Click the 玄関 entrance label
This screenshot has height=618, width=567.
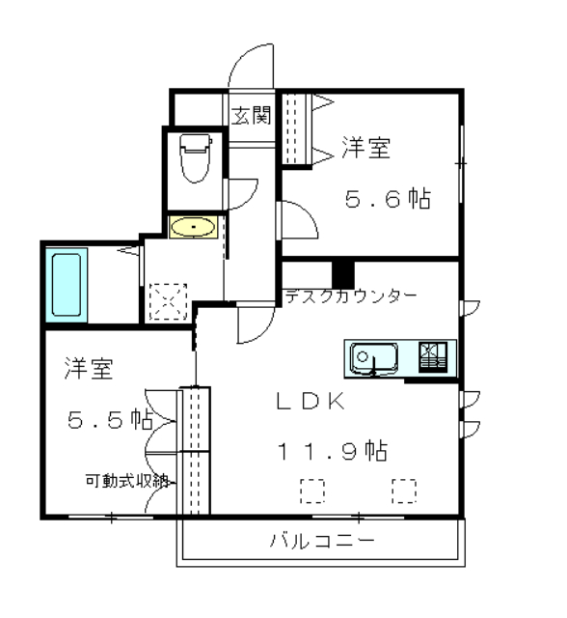tap(251, 116)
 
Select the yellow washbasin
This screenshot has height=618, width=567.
tap(193, 227)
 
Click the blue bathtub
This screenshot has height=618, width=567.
tap(67, 285)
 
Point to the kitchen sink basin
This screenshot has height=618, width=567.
tap(374, 358)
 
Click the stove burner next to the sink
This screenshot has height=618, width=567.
tap(432, 357)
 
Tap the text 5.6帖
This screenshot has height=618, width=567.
tap(388, 198)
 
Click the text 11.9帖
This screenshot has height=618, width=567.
tap(333, 450)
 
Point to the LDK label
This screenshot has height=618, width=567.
tap(310, 402)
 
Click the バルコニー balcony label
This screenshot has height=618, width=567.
tap(322, 541)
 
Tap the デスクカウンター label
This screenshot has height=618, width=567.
tap(351, 296)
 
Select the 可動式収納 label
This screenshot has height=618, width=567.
tap(127, 481)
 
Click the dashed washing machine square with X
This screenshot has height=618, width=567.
tap(168, 301)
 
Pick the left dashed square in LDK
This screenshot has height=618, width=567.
tap(312, 492)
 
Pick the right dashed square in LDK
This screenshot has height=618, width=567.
tap(404, 492)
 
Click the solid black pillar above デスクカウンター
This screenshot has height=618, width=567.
tap(343, 275)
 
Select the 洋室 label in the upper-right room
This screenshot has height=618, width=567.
tap(366, 148)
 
